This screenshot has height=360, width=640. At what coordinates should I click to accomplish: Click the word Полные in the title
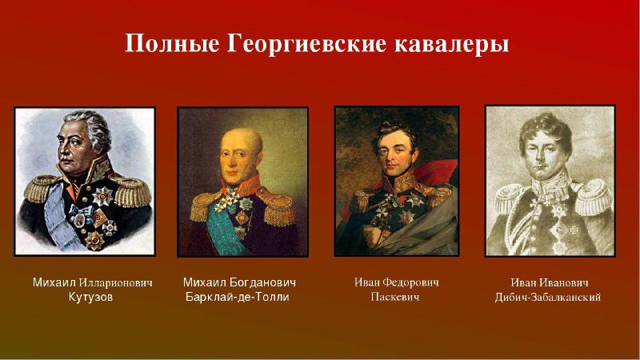(171, 44)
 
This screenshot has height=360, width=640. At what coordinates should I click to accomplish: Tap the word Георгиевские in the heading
(306, 44)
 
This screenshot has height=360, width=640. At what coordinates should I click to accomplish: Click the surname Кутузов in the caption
(90, 297)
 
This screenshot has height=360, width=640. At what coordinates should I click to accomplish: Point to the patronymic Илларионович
(115, 282)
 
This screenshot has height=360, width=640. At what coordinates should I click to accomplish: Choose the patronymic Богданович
(263, 282)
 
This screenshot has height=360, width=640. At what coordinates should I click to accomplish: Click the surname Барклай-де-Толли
(237, 297)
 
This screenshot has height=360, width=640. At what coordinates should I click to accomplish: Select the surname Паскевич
(395, 297)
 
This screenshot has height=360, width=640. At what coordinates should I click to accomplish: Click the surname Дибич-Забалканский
(548, 297)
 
